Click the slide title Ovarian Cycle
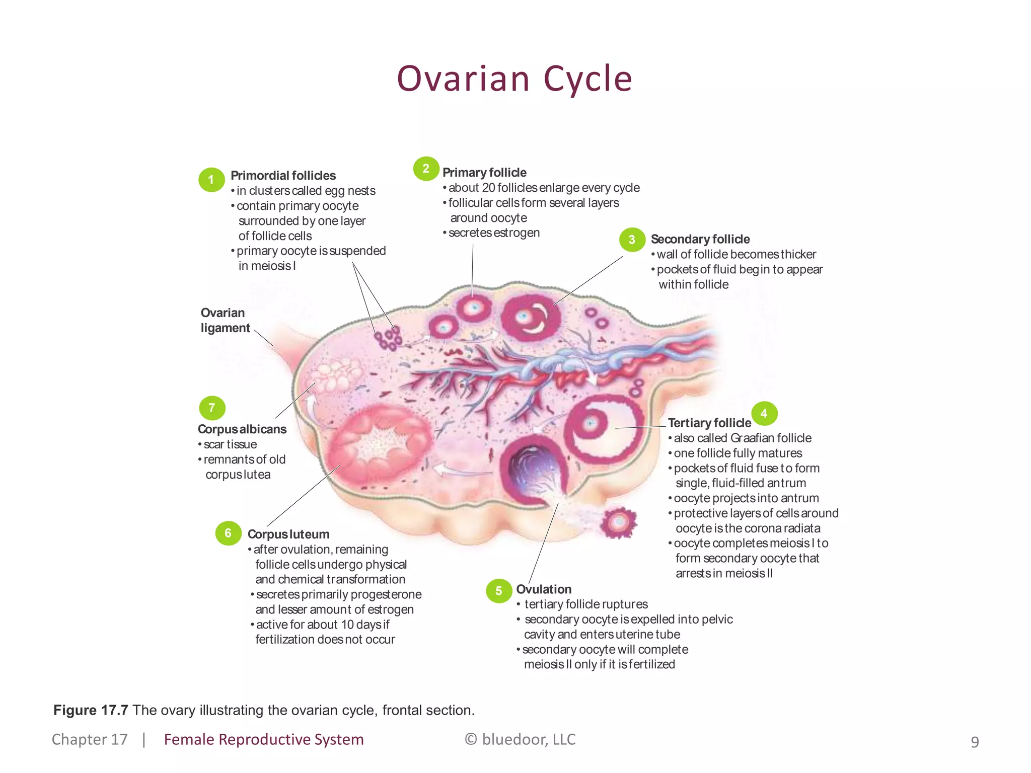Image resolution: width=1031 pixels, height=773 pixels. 514,79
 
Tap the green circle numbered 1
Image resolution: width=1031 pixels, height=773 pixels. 211,180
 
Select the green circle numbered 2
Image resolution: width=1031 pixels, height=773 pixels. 426,169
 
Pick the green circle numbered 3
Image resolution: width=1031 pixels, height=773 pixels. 632,240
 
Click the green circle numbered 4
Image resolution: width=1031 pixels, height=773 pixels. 764,414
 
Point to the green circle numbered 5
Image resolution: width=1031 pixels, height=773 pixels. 499,591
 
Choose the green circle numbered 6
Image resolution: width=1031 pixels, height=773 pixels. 228,533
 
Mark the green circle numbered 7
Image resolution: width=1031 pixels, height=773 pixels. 212,408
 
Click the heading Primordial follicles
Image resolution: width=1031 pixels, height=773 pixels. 283,176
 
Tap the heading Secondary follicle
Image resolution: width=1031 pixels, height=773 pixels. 700,239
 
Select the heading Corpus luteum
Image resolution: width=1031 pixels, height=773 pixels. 288,534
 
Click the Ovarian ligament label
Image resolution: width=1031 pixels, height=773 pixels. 225,320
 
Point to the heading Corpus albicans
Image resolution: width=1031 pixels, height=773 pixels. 242,429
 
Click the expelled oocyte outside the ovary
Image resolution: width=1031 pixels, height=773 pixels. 619,523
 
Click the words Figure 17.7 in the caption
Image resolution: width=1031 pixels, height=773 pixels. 91,710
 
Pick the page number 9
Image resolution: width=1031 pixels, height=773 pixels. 975,742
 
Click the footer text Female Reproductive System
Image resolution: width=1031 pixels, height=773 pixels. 264,739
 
